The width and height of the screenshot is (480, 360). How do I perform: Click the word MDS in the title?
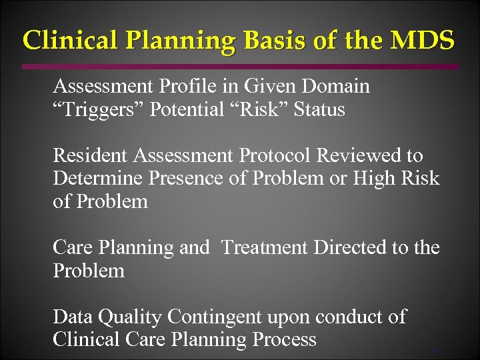[423, 40]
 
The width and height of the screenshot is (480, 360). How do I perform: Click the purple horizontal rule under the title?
[240, 67]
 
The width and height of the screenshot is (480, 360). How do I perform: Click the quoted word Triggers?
[99, 109]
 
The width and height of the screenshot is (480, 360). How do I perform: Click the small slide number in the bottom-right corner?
[435, 352]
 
